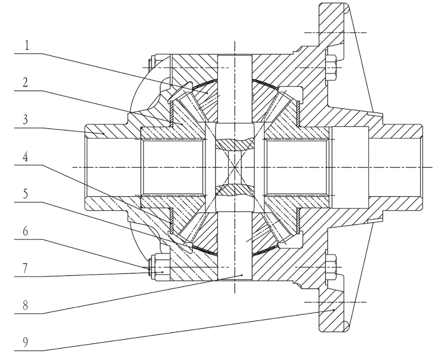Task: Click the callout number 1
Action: pyautogui.click(x=27, y=46)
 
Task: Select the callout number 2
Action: pyautogui.click(x=25, y=82)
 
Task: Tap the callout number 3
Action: pyautogui.click(x=25, y=120)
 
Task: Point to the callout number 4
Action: pyautogui.click(x=25, y=157)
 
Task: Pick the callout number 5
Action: pyautogui.click(x=25, y=194)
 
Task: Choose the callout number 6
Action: pyautogui.click(x=25, y=231)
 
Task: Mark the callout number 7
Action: pyautogui.click(x=25, y=268)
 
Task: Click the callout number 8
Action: pyautogui.click(x=25, y=306)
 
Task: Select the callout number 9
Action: pyautogui.click(x=25, y=342)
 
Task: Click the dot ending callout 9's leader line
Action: pyautogui.click(x=334, y=310)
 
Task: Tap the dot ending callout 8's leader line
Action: pyautogui.click(x=242, y=275)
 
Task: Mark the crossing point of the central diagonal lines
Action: pyautogui.click(x=235, y=167)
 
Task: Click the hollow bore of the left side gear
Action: pyautogui.click(x=173, y=167)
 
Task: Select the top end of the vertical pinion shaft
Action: pyautogui.click(x=235, y=55)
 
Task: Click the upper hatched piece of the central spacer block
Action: pyautogui.click(x=235, y=144)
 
